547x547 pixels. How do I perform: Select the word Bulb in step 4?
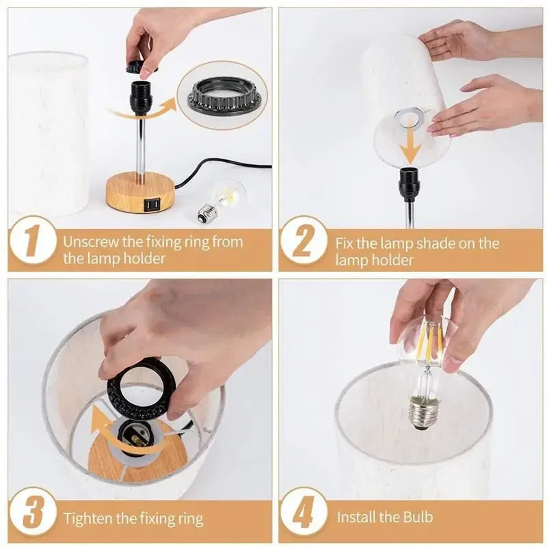pyautogui.click(x=415, y=517)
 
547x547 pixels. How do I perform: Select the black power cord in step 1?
pyautogui.click(x=226, y=164)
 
